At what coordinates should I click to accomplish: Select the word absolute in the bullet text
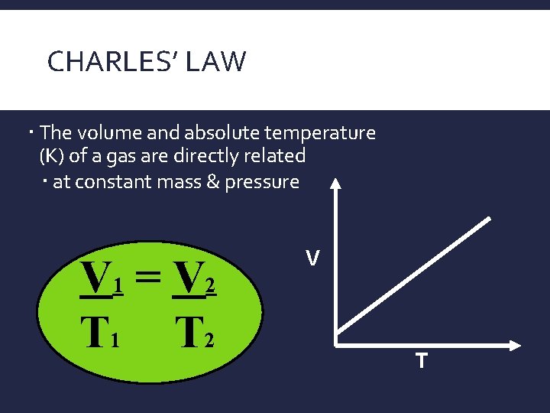pos(201,132)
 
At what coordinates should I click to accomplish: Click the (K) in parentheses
pos(51,156)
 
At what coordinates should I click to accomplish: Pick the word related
pos(279,156)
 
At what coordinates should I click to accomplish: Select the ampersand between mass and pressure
pos(209,182)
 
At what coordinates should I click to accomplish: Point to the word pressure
pos(262,182)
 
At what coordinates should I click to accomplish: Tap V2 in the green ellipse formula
pos(196,280)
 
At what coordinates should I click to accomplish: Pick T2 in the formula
pos(195,333)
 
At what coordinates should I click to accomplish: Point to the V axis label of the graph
pos(312,260)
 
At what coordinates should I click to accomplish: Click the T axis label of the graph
pos(421,359)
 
